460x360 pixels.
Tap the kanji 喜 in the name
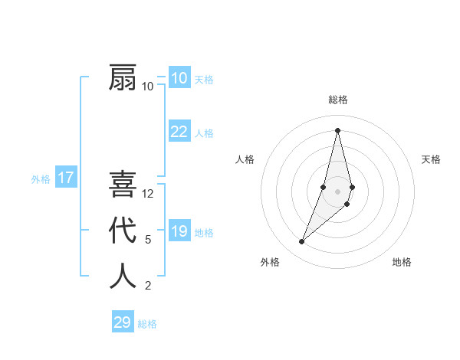[123, 185]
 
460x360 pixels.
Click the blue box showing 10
[179, 78]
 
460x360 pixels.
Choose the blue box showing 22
[179, 132]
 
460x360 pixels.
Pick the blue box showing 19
[179, 231]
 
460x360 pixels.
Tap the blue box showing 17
[66, 178]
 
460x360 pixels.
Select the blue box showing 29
[123, 322]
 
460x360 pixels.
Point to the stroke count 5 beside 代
[148, 240]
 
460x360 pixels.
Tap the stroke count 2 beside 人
[148, 286]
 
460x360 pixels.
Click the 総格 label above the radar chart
[337, 100]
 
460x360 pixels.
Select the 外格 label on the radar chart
[270, 262]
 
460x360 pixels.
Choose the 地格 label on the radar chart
[402, 262]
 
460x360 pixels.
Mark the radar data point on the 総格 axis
[337, 130]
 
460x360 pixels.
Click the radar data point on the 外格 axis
[301, 241]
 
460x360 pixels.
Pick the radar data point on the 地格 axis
[347, 204]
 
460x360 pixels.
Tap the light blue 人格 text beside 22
[205, 133]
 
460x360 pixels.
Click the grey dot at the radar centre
[337, 191]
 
